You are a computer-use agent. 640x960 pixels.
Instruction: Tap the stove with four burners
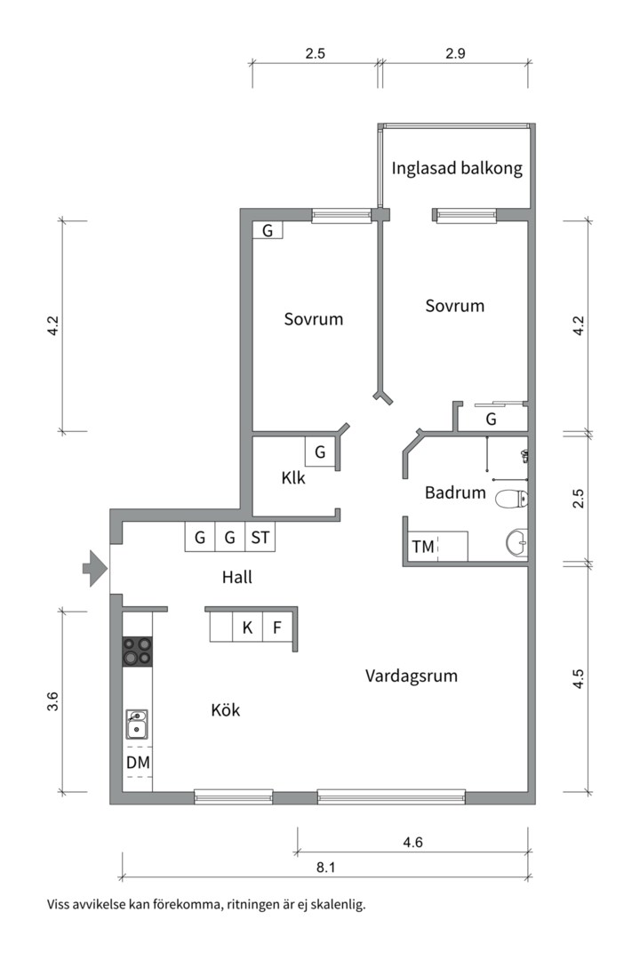click(x=137, y=652)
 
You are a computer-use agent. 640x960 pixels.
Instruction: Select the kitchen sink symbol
click(x=136, y=724)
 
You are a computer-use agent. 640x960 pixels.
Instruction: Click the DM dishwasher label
click(x=137, y=763)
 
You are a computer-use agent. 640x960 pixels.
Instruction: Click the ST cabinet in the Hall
click(x=260, y=537)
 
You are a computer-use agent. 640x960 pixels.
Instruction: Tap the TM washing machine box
click(x=424, y=547)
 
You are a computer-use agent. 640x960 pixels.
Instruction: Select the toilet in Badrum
click(x=511, y=499)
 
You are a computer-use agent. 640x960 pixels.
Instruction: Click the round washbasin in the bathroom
click(x=516, y=540)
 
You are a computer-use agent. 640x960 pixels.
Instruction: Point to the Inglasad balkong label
click(x=457, y=168)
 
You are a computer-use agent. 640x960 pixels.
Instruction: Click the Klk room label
click(x=293, y=477)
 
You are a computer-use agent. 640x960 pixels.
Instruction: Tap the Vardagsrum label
click(x=412, y=676)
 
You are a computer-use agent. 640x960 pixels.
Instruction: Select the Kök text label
click(x=226, y=710)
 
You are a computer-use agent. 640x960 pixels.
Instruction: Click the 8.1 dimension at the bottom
click(x=326, y=866)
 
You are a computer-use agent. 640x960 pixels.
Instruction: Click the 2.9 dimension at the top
click(x=455, y=53)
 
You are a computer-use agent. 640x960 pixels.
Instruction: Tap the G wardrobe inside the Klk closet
click(x=320, y=452)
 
